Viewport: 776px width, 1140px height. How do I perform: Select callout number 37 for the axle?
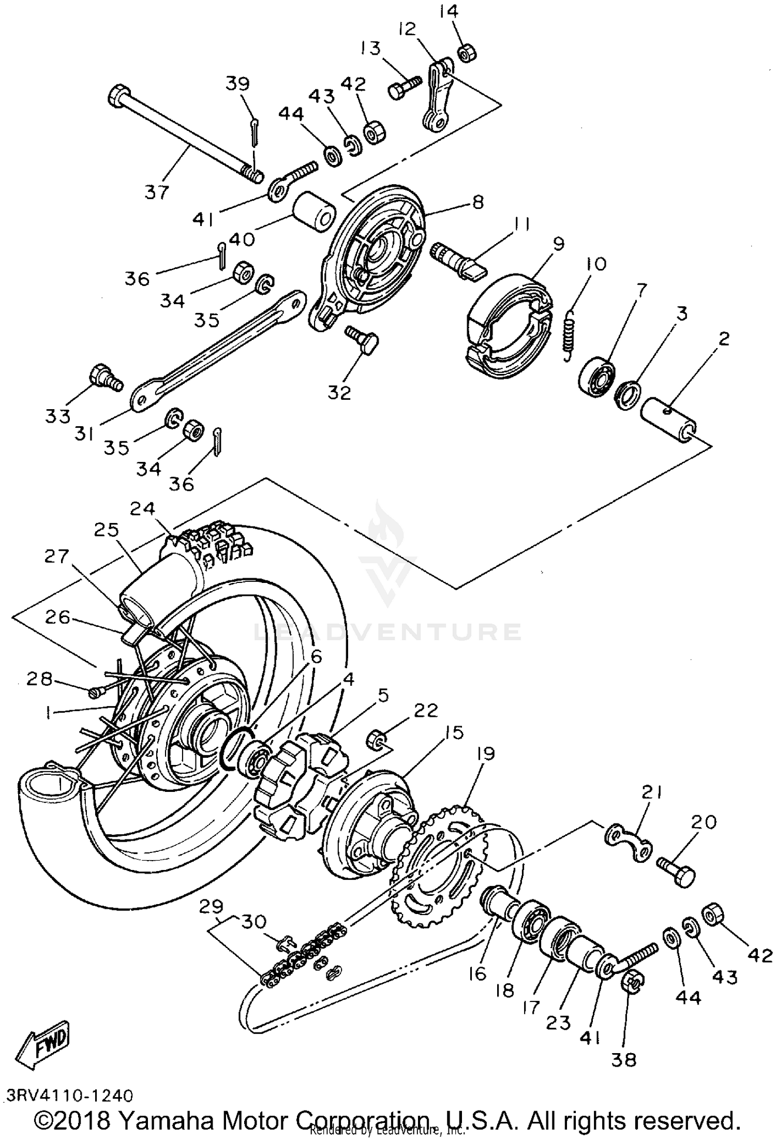(x=156, y=192)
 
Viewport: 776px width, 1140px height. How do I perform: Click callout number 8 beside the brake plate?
(x=477, y=202)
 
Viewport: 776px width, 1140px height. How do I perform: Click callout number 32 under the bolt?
(x=339, y=393)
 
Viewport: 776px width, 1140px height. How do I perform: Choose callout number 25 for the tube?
(x=107, y=530)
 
